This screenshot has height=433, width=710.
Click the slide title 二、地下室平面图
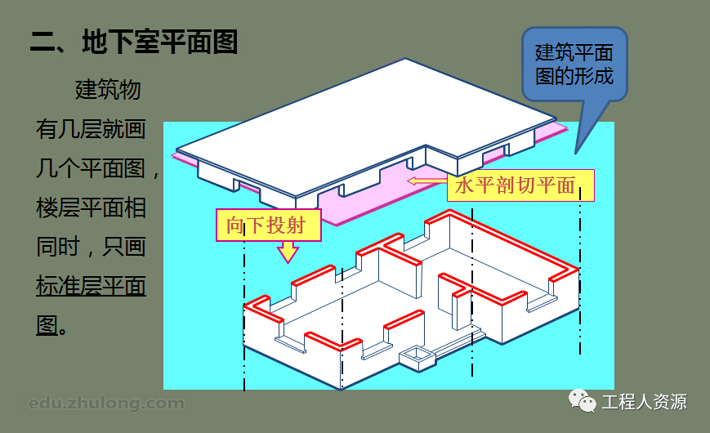[x=134, y=42]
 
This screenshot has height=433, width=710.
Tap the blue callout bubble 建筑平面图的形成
[x=574, y=65]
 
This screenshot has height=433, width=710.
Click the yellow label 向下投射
[x=266, y=224]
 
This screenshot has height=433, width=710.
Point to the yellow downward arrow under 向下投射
[x=287, y=252]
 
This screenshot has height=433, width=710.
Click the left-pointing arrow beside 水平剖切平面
[x=426, y=181]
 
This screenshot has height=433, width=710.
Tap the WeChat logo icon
[x=583, y=401]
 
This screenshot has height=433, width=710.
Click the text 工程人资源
[x=644, y=402]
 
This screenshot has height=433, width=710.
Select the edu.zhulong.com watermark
[x=106, y=404]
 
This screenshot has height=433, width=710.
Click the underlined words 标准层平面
[x=91, y=287]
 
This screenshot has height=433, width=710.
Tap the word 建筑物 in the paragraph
[x=108, y=89]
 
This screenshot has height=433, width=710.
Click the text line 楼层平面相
[x=91, y=208]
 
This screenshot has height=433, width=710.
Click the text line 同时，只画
[x=91, y=247]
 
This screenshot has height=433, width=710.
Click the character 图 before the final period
[x=46, y=326]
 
